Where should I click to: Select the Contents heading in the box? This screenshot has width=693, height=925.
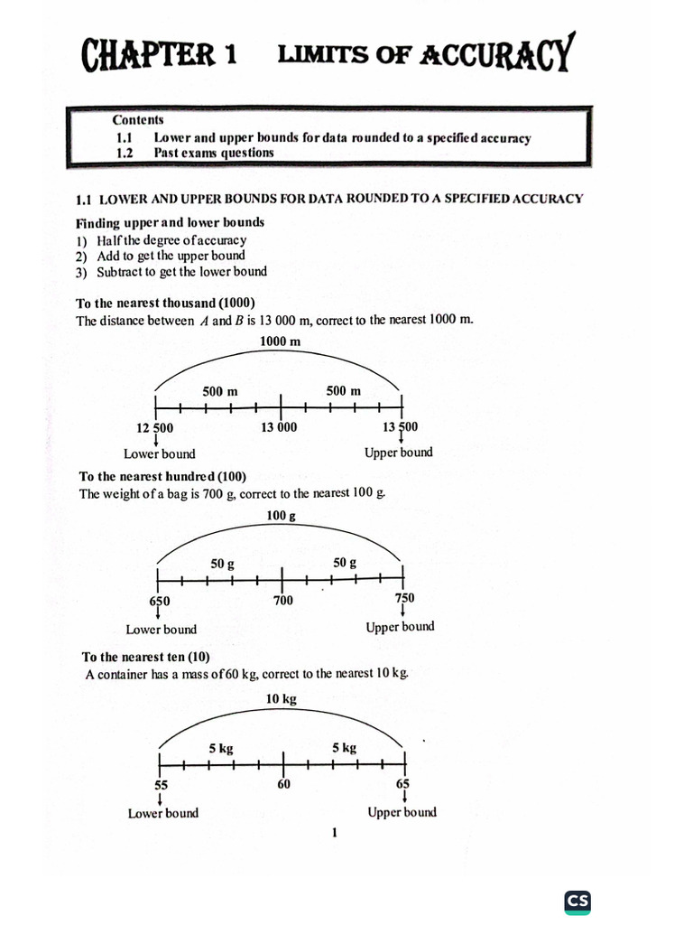138,119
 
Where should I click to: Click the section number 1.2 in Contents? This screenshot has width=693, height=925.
125,153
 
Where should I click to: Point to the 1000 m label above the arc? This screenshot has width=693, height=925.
280,341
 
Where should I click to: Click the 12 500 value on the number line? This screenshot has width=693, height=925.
155,427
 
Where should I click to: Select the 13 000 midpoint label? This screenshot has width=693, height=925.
279,427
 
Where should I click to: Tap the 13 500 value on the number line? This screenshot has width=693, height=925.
400,426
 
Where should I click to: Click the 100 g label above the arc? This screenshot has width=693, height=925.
281,516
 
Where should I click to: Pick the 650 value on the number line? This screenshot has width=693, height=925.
159,601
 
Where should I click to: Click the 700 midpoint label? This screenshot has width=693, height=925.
282,601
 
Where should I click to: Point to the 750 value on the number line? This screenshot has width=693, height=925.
403,599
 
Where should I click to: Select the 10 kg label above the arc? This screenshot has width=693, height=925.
282,698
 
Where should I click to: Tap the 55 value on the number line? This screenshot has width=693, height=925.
161,784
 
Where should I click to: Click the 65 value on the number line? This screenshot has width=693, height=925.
402,783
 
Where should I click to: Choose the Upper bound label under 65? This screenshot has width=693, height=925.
402,812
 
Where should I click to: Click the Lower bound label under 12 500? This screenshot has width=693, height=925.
159,454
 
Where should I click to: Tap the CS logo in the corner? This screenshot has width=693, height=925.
577,901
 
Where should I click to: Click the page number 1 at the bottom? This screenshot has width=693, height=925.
334,833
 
